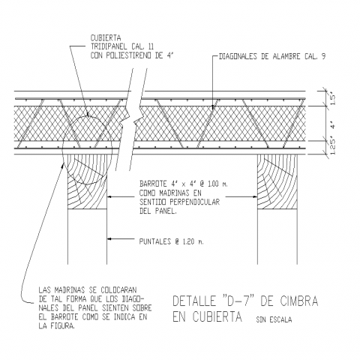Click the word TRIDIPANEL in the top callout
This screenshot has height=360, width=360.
(x=109, y=46)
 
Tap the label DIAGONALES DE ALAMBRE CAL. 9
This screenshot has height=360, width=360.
(x=272, y=56)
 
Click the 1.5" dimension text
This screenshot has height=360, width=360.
(x=333, y=99)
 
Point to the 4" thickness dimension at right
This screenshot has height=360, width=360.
(x=333, y=124)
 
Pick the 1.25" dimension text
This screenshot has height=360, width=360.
(x=333, y=147)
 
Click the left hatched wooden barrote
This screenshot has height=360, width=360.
(x=87, y=181)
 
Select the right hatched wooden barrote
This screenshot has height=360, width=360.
(x=277, y=181)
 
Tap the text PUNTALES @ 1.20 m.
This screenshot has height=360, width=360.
(x=172, y=241)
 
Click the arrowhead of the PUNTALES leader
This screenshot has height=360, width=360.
(x=109, y=239)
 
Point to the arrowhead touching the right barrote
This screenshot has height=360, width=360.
(x=255, y=196)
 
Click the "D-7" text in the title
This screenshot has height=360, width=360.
(x=238, y=301)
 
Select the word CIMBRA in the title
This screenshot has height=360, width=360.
(x=298, y=301)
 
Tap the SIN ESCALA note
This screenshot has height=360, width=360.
(x=274, y=319)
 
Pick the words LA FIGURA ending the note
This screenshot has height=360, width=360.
(x=57, y=325)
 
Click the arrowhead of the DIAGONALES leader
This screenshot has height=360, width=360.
(x=212, y=107)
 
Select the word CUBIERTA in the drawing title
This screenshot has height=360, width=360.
(x=217, y=317)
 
